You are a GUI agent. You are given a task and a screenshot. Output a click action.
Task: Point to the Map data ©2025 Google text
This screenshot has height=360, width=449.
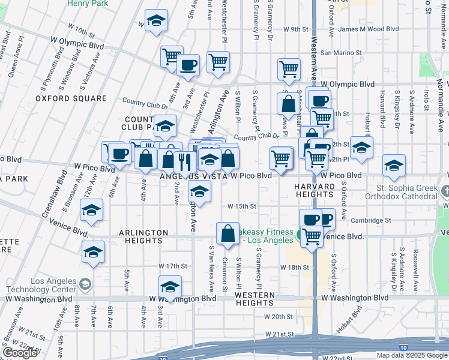[x=412, y=355]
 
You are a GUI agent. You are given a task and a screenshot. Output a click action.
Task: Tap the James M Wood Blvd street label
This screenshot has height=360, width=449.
[x=369, y=28]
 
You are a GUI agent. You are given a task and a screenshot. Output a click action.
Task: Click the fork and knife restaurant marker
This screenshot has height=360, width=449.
[x=184, y=160]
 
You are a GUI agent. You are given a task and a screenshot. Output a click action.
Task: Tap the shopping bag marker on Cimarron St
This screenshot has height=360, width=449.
[x=228, y=233]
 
